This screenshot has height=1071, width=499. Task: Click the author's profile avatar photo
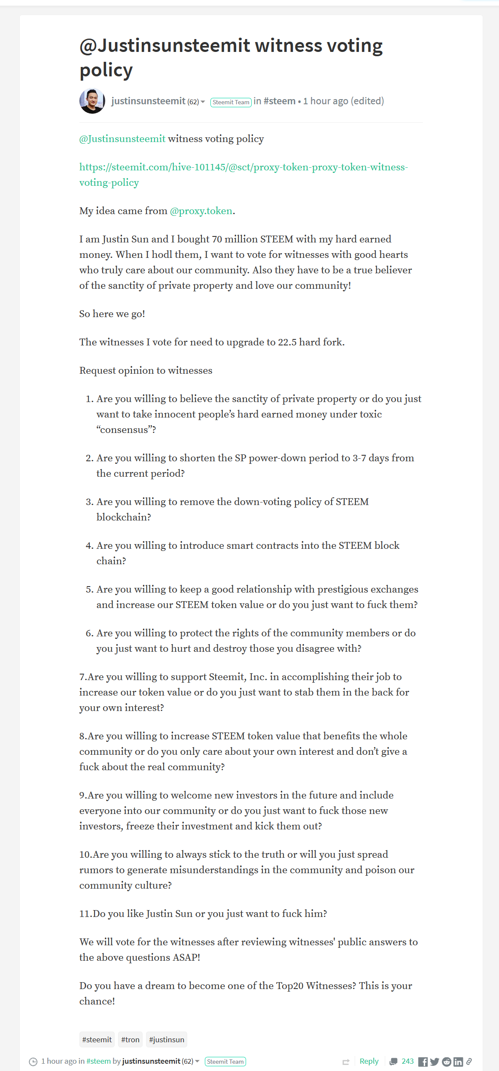[92, 101]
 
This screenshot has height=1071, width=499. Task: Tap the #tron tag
[130, 1040]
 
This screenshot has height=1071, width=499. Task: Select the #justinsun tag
[167, 1040]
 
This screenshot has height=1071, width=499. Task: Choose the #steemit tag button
[97, 1040]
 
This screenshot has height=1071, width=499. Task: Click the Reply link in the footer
[369, 1061]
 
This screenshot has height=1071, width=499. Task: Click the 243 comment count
[408, 1061]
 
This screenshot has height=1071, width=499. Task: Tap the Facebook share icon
[423, 1062]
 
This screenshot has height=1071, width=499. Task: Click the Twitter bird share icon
[435, 1062]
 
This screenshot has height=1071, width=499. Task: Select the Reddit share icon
[447, 1062]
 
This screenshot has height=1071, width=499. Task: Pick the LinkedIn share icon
[458, 1062]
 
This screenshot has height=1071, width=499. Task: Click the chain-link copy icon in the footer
[469, 1062]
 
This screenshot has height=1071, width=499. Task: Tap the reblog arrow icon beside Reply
[346, 1062]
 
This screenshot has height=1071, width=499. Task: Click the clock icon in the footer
[33, 1062]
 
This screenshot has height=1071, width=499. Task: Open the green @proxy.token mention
[201, 211]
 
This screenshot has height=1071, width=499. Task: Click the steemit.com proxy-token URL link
[243, 167]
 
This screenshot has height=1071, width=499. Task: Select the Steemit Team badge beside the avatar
[231, 102]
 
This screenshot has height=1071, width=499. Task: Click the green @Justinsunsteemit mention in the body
[122, 139]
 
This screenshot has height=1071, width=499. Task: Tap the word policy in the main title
[106, 70]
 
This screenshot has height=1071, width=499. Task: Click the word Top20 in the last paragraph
[289, 986]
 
